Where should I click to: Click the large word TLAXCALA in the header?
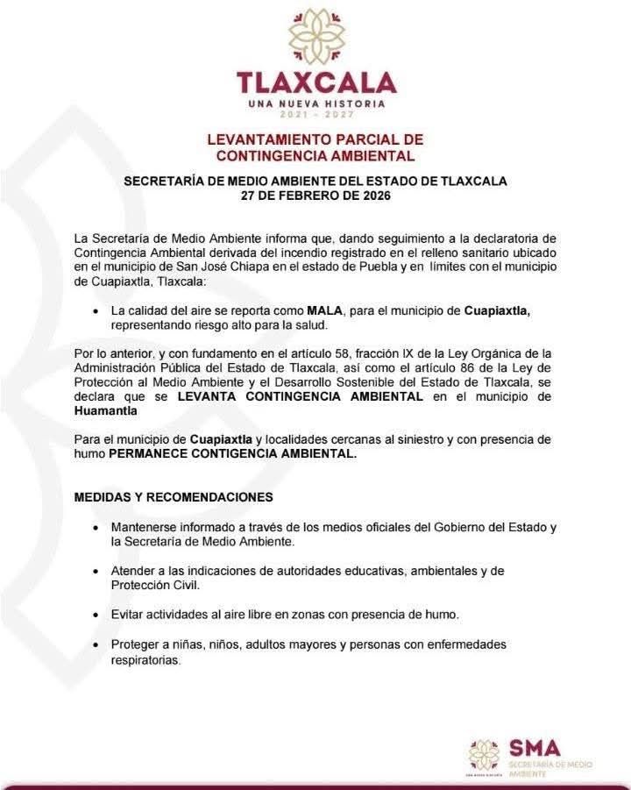[315, 82]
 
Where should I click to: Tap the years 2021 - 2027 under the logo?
[315, 115]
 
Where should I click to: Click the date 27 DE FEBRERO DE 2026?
[315, 197]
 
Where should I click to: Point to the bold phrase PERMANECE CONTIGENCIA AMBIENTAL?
[233, 454]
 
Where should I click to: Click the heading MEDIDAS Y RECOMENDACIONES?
[174, 497]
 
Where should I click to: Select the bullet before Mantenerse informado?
[95, 528]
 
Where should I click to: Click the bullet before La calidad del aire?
[95, 311]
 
